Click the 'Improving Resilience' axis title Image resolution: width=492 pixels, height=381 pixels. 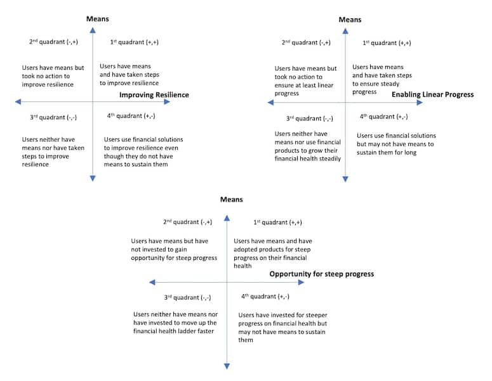click(154, 95)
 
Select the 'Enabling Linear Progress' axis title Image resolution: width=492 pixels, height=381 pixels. click(433, 94)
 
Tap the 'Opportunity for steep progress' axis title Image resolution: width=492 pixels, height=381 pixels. click(322, 274)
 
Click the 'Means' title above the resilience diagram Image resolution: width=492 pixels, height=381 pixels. click(98, 19)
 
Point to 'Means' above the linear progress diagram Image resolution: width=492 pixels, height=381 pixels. click(350, 20)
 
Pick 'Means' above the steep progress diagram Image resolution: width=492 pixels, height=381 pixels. click(232, 199)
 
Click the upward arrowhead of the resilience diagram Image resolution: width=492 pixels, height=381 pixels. click(93, 30)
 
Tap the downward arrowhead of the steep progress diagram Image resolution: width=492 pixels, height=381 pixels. click(227, 366)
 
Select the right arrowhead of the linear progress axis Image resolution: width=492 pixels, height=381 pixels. click(420, 103)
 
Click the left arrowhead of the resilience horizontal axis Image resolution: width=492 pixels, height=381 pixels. click(18, 101)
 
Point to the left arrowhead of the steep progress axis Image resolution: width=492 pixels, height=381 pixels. click(152, 282)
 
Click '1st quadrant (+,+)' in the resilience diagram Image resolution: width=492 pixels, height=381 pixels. click(135, 42)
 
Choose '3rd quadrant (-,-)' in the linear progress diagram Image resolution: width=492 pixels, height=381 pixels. click(309, 119)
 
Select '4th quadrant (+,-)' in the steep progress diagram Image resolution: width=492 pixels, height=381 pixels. click(265, 297)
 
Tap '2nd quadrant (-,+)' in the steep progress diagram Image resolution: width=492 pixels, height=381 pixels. click(188, 222)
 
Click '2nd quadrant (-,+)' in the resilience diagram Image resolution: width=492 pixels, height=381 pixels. click(54, 42)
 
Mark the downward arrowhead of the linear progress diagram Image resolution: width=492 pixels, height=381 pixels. click(345, 179)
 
